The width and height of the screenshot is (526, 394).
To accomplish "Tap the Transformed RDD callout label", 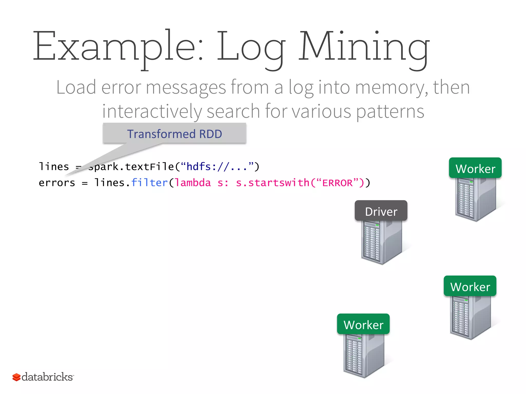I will tap(174, 134).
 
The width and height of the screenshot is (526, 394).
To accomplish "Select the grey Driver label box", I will tap(381, 211).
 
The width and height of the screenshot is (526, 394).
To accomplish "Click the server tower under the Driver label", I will tap(381, 242).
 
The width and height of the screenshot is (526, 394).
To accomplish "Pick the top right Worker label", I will tap(475, 168).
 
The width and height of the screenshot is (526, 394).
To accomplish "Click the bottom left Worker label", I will tap(363, 324).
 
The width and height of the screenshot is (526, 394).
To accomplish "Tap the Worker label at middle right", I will tap(470, 286).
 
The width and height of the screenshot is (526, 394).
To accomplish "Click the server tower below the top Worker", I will tap(475, 199).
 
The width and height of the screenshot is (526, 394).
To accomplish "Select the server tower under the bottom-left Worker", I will tap(363, 355).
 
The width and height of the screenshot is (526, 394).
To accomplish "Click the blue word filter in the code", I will tap(149, 183).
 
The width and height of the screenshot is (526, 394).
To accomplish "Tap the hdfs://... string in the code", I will tap(217, 167).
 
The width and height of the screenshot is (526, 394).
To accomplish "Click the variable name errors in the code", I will tap(57, 183).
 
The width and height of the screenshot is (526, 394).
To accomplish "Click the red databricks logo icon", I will tap(16, 377).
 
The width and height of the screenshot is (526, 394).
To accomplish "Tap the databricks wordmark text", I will tap(47, 377).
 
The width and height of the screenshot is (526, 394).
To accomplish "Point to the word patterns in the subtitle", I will tap(390, 111).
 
